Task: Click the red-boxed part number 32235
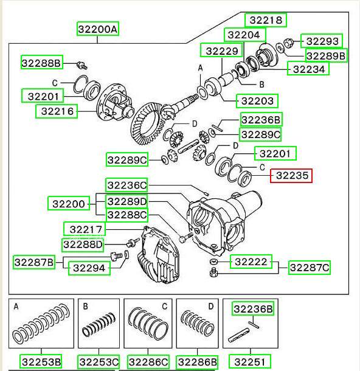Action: pos(291,176)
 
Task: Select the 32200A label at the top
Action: pos(98,29)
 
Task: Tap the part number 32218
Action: pos(266,20)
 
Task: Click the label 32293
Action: pos(322,41)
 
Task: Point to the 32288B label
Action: pos(42,63)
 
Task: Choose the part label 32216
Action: pos(57,111)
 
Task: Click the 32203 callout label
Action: pos(257,101)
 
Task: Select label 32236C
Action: pos(127,185)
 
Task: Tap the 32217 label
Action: pos(85,229)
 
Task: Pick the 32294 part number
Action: pos(89,268)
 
